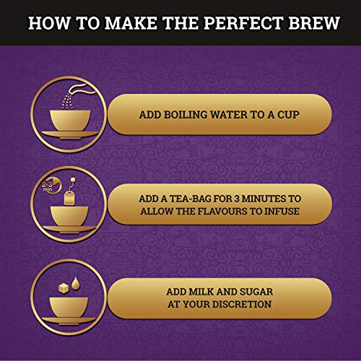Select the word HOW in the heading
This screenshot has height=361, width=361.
click(x=48, y=22)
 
